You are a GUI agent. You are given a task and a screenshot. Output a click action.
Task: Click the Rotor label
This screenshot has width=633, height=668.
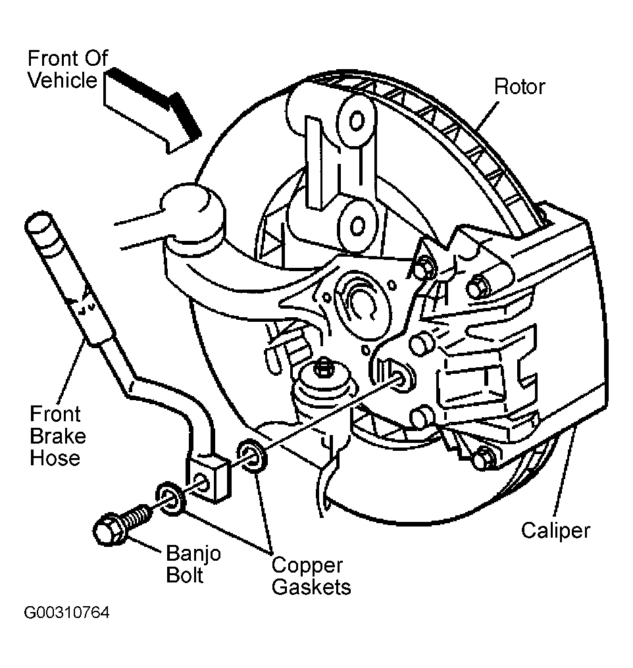[x=519, y=87]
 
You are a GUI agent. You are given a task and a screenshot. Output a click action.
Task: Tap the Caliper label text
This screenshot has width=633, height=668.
[x=555, y=531]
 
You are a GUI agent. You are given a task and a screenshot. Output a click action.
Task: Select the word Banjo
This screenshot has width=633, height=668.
[x=193, y=553]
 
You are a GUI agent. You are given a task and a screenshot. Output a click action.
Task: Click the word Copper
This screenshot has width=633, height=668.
[x=307, y=566]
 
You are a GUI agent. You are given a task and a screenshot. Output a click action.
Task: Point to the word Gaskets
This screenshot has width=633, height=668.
[x=311, y=587]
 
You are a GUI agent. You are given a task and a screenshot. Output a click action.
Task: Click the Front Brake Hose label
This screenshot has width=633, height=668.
[x=57, y=436]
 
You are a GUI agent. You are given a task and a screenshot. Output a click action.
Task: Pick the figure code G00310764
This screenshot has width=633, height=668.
[x=67, y=613]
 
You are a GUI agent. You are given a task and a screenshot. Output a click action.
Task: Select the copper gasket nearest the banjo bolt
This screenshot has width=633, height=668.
[x=171, y=498]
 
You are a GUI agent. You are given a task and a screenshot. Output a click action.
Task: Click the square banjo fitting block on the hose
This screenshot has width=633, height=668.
[x=209, y=478]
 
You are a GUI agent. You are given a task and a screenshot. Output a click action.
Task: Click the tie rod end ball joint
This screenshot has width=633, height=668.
[x=193, y=207]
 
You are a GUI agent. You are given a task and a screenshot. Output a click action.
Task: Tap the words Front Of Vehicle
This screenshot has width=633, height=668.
[x=67, y=69]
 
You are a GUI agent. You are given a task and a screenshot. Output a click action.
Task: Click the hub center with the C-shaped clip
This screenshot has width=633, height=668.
[x=362, y=303]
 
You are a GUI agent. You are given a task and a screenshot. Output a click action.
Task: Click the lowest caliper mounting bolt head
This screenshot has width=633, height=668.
[x=484, y=459]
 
